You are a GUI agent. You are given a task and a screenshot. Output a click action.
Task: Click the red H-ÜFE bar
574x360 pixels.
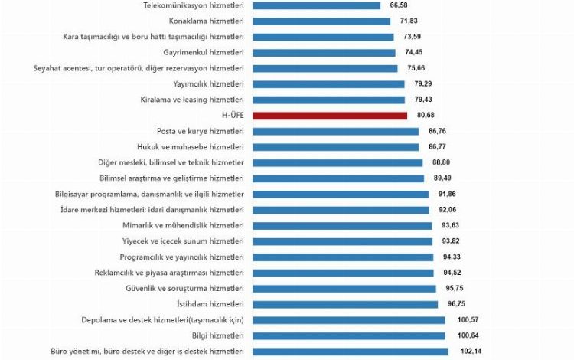[330, 116]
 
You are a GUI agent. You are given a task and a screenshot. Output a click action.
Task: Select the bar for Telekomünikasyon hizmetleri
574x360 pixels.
[316, 5]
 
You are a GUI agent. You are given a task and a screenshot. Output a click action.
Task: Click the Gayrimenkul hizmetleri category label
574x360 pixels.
[204, 52]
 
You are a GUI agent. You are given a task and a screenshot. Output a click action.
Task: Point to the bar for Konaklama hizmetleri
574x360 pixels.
[321, 21]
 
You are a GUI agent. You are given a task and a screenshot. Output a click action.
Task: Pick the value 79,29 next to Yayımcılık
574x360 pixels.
[423, 83]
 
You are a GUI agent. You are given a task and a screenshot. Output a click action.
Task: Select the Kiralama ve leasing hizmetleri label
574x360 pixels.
[192, 100]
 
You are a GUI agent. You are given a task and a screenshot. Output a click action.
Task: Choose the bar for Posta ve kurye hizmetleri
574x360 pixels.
[335, 131]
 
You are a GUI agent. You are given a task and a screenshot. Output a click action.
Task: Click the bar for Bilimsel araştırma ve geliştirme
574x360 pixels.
[338, 178]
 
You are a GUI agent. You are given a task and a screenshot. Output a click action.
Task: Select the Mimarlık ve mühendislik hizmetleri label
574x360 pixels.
[183, 225]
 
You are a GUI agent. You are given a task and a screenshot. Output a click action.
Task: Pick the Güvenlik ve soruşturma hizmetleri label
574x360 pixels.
[184, 288]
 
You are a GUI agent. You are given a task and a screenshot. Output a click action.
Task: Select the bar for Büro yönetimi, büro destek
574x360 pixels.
[350, 351]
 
